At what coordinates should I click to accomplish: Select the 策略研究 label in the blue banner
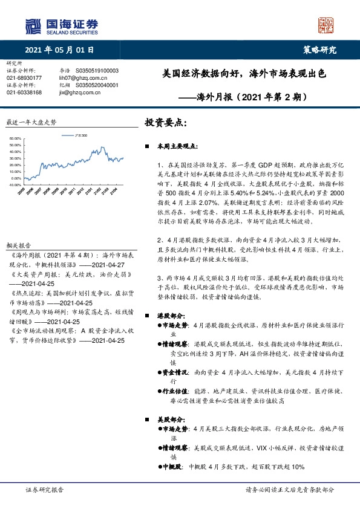tap(319, 50)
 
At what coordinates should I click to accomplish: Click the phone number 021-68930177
tap(24, 78)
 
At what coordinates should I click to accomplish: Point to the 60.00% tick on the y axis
tap(16, 138)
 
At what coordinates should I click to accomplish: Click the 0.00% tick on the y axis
tap(17, 162)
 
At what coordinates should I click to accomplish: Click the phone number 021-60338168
tap(24, 92)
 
